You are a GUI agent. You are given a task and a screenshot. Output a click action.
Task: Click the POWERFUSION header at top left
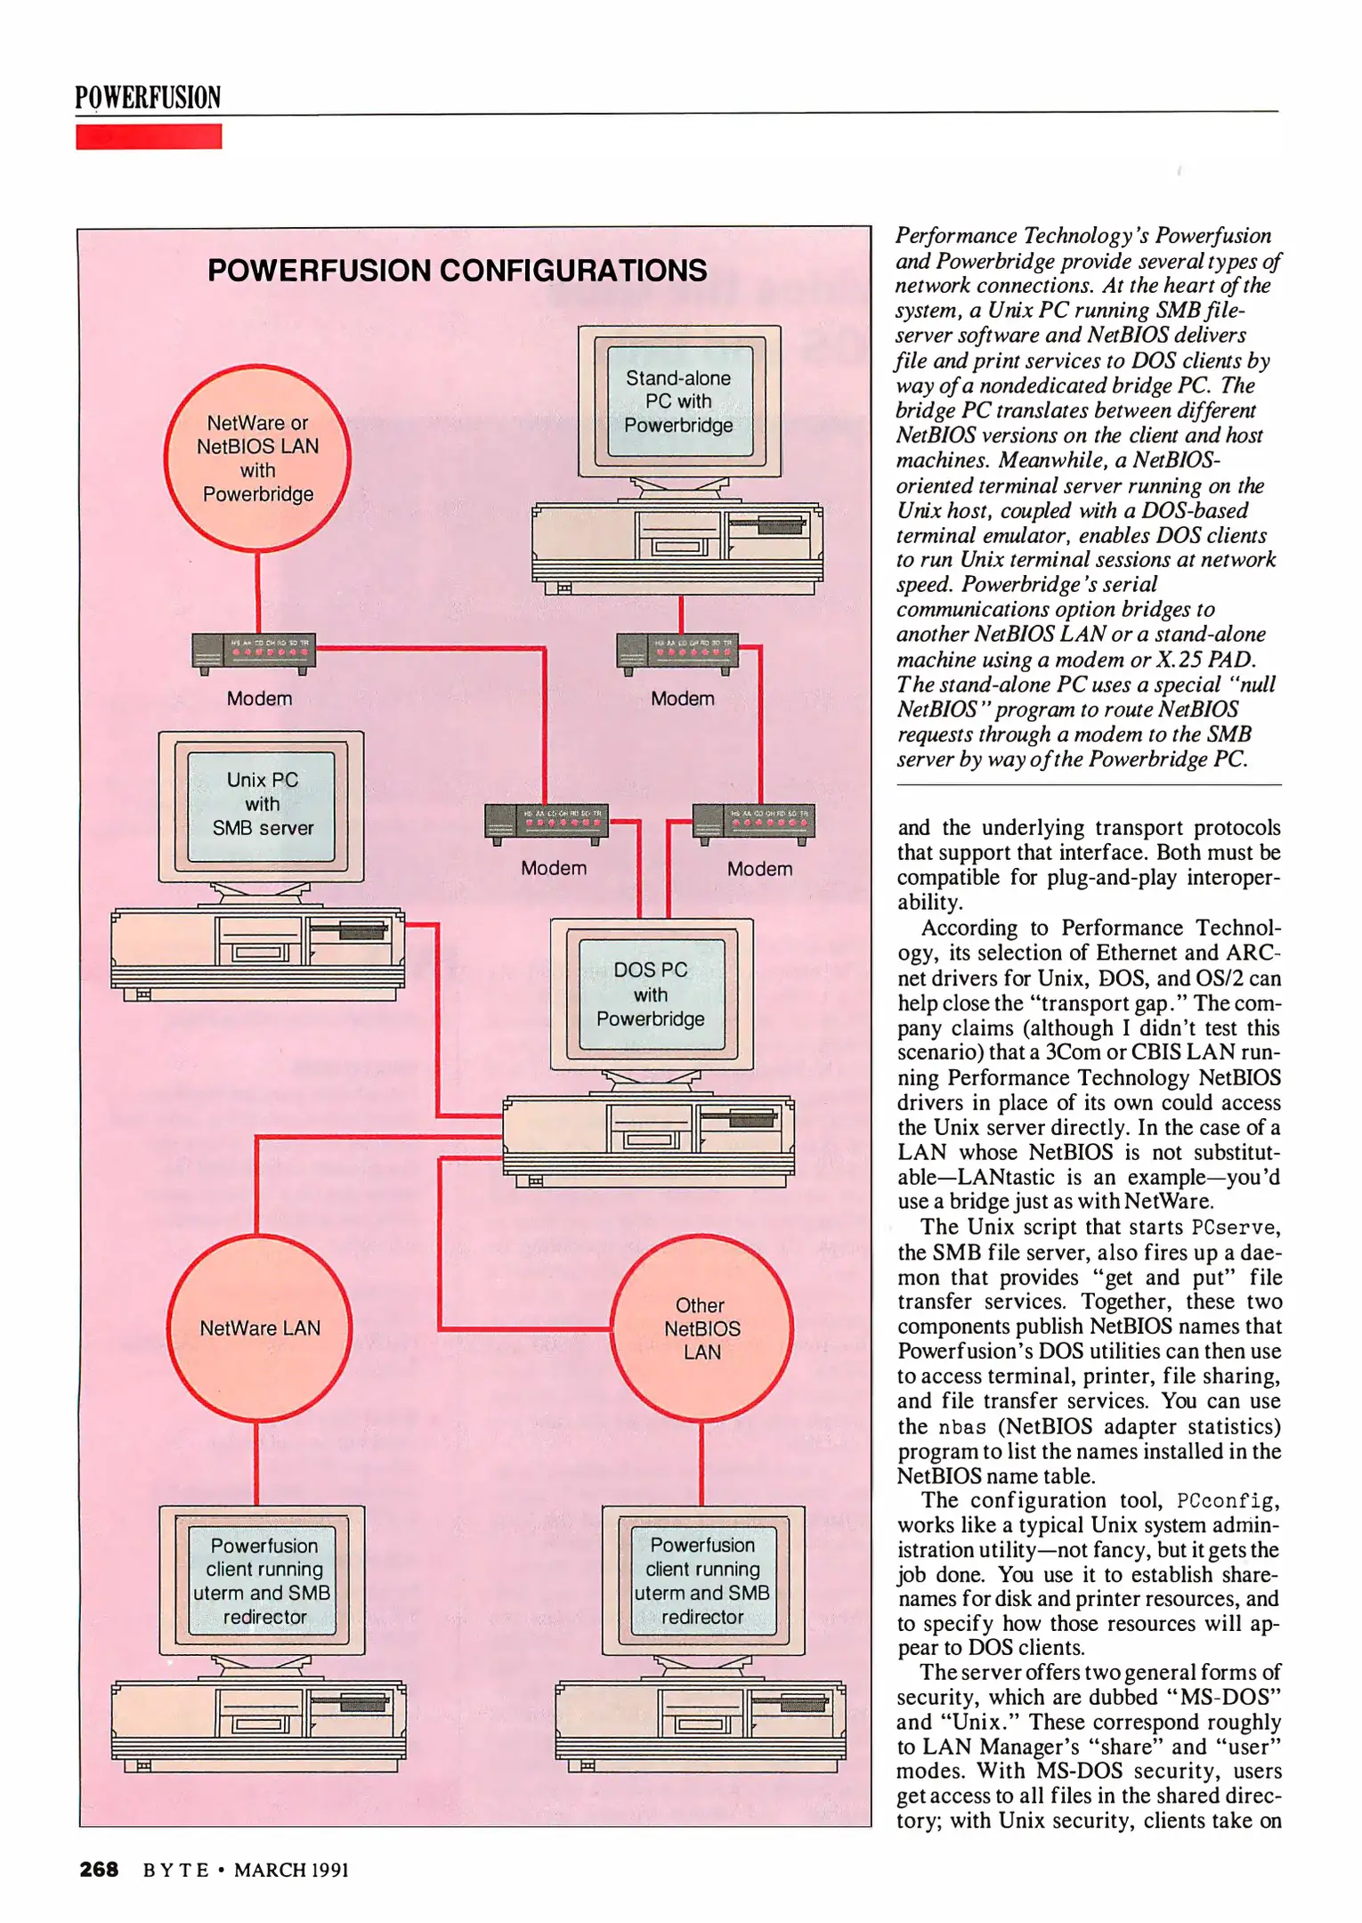click(148, 97)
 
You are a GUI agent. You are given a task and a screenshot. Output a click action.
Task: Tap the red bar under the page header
click(149, 136)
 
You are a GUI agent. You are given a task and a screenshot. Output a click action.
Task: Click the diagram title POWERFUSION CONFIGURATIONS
click(457, 271)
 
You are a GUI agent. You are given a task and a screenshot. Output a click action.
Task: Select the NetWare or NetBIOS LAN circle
click(257, 458)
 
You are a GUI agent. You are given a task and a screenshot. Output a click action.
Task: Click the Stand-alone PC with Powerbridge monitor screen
click(678, 402)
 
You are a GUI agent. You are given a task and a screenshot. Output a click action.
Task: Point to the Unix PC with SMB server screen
click(262, 804)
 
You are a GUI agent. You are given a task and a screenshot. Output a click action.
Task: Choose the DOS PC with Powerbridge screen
click(651, 994)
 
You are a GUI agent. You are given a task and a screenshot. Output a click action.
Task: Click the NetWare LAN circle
click(259, 1327)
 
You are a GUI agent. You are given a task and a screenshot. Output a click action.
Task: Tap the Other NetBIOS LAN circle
click(701, 1327)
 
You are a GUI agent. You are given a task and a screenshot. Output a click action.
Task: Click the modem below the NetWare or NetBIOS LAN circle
click(254, 652)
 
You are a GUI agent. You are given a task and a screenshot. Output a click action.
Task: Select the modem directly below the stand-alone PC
click(677, 652)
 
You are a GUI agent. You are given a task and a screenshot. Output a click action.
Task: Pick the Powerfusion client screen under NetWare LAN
click(263, 1580)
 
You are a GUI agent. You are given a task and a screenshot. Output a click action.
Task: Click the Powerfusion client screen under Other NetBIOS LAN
click(702, 1580)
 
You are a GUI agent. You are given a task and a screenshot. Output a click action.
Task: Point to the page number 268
click(99, 1870)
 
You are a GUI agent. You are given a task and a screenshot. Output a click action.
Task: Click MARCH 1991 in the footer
click(291, 1870)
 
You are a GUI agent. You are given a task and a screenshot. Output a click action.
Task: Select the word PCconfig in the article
click(1227, 1501)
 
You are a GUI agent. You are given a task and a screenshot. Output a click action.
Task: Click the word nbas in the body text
click(962, 1427)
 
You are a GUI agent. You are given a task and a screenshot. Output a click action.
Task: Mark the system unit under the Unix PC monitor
click(257, 953)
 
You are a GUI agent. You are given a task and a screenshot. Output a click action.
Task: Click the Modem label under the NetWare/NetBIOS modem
click(259, 699)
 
